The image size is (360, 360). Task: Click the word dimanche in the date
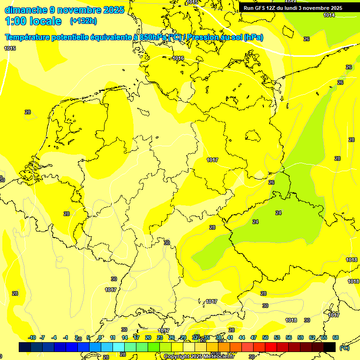[x=26, y=10]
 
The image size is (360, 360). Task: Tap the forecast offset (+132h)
[x=83, y=21]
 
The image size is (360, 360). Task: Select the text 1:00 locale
[x=33, y=21]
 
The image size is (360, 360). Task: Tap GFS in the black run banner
[x=262, y=8]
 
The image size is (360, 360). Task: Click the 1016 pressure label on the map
[x=178, y=58]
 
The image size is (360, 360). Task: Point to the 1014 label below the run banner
[x=329, y=15]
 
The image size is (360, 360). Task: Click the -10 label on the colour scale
[x=32, y=337]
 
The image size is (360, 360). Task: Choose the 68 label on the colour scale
[x=336, y=337]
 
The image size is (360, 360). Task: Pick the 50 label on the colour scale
[x=265, y=337]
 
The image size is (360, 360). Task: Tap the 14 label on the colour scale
[x=125, y=337]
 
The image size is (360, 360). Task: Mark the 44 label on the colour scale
[x=242, y=337]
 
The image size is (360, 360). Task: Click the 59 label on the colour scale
[x=300, y=337]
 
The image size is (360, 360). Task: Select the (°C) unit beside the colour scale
[x=344, y=347]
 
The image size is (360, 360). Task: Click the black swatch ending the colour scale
[x=330, y=347]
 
